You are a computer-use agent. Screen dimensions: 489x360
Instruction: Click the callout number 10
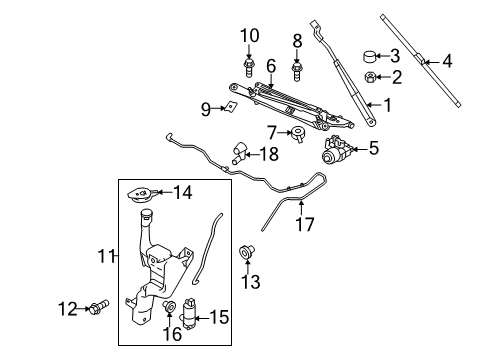click(250, 36)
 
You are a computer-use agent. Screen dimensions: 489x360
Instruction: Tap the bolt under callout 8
click(297, 71)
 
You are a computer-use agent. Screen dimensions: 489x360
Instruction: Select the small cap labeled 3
click(370, 56)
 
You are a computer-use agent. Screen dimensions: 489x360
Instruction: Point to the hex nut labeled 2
click(371, 77)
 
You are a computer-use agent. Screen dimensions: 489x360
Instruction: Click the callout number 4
click(447, 61)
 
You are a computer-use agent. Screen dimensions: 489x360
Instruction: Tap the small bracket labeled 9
click(231, 107)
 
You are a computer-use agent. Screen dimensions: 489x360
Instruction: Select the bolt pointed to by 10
click(248, 67)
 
